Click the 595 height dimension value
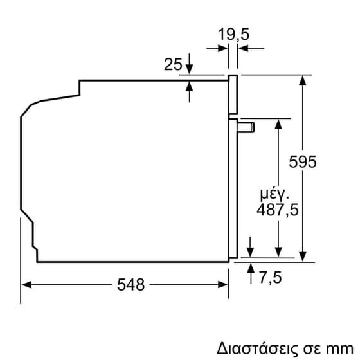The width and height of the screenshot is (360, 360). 302,162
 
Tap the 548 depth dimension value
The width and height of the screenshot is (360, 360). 131,283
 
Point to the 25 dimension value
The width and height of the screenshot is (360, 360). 172,64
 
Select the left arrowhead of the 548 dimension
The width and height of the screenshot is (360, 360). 26,283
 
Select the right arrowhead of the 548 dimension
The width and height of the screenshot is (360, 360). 224,283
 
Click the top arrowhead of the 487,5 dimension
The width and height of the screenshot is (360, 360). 278,123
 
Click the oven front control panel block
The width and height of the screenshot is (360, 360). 233,96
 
